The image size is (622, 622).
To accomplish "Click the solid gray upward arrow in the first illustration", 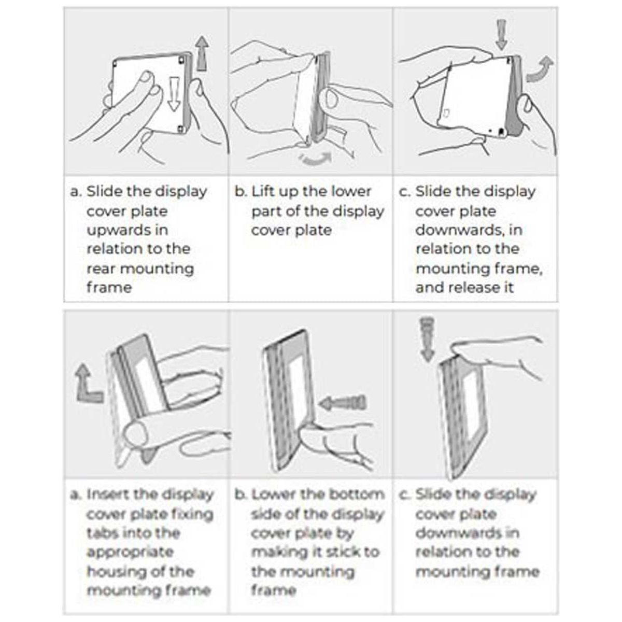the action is (x=202, y=53).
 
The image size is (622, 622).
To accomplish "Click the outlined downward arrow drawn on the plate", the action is (x=174, y=94).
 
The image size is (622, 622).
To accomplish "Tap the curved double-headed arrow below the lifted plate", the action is (x=315, y=158).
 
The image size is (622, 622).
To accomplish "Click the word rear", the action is (x=101, y=269).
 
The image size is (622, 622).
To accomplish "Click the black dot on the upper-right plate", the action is (x=501, y=131).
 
